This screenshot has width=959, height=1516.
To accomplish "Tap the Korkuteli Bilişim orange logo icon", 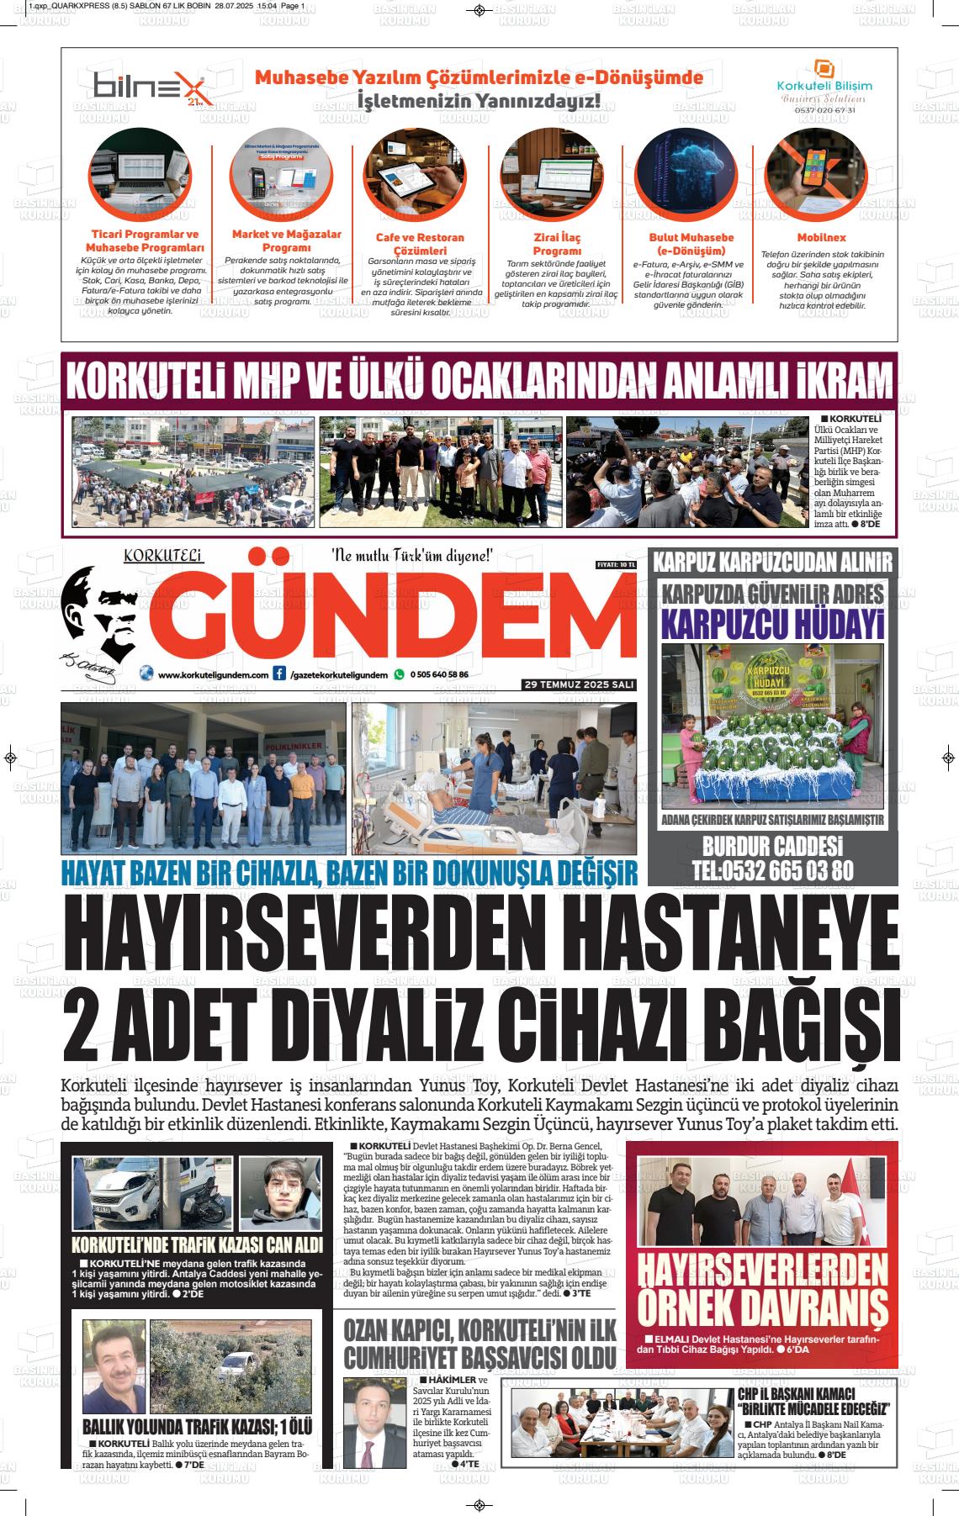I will (x=824, y=69).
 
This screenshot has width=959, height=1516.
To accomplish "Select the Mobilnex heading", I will (x=821, y=238).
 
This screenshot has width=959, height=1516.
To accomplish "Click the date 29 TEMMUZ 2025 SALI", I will (x=578, y=685).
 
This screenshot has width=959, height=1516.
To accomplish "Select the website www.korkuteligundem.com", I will (x=213, y=674).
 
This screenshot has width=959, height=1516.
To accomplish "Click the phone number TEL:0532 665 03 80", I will (x=772, y=870).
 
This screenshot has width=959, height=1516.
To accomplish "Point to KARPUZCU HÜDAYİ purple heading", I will (x=772, y=625).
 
